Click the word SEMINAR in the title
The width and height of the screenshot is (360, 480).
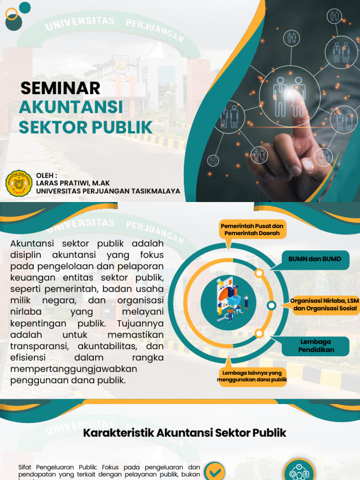[60, 88]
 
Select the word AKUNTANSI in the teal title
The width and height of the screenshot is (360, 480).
[71, 107]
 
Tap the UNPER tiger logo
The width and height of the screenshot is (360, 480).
[19, 183]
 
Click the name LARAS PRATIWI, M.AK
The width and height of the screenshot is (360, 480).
[73, 183]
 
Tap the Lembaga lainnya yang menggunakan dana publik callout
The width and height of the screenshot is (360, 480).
[252, 376]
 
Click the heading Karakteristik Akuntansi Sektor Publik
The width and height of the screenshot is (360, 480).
[185, 432]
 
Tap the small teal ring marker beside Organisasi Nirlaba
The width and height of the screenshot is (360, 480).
[271, 306]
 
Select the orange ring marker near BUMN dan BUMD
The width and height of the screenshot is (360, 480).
[259, 273]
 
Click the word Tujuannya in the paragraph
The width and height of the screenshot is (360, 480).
[141, 323]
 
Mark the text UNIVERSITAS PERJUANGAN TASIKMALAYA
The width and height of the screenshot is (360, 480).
[108, 191]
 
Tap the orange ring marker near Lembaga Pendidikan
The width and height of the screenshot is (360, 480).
[259, 333]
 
